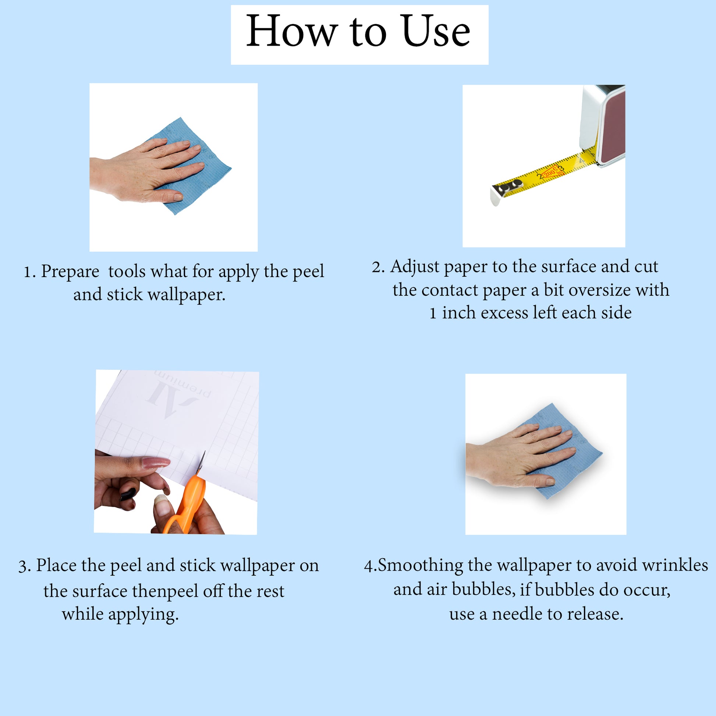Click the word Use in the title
[x=436, y=31]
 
